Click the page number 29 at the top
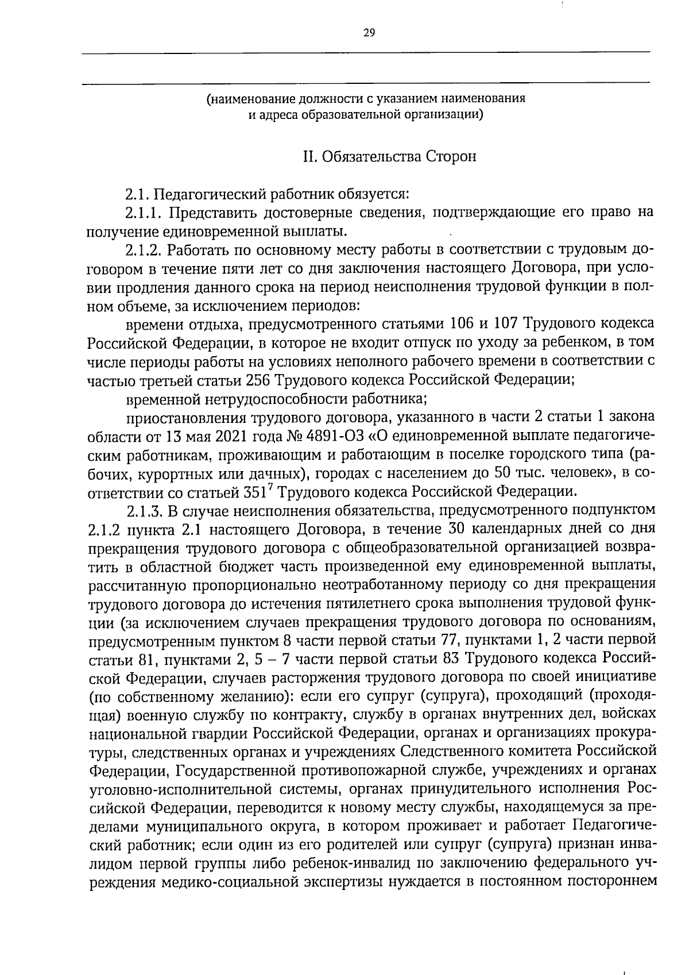click(x=369, y=33)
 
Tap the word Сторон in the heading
click(x=451, y=157)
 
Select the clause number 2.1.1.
click(x=144, y=213)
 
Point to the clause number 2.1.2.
click(x=144, y=251)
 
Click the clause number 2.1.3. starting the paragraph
click(x=144, y=510)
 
